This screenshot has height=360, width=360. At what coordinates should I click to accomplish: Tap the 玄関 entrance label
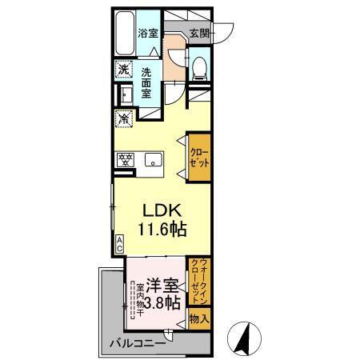tap(199, 33)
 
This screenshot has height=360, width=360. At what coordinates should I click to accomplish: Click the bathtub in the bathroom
tap(124, 34)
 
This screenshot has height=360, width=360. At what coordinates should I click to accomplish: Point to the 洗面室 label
tap(147, 83)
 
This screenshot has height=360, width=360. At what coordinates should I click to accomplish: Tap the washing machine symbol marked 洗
tap(123, 70)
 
